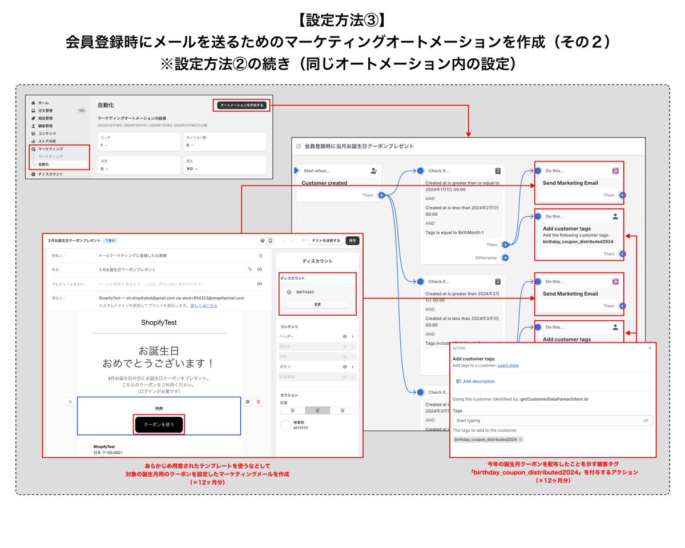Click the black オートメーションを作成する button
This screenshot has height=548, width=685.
pyautogui.click(x=242, y=105)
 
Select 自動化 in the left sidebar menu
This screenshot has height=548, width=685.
pyautogui.click(x=43, y=164)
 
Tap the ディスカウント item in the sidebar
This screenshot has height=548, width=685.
pyautogui.click(x=50, y=174)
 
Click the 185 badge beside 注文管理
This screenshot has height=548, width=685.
pyautogui.click(x=81, y=110)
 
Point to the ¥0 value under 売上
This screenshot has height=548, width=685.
pyautogui.click(x=191, y=169)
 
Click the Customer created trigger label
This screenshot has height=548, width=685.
pyautogui.click(x=324, y=183)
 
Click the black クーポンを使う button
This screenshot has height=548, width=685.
pyautogui.click(x=159, y=425)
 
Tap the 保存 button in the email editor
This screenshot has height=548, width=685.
pyautogui.click(x=352, y=240)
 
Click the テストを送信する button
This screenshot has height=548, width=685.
pyautogui.click(x=325, y=240)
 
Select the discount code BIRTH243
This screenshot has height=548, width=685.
pyautogui.click(x=305, y=292)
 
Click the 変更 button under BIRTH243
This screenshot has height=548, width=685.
pyautogui.click(x=317, y=304)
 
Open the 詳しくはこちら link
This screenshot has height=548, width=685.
pyautogui.click(x=204, y=305)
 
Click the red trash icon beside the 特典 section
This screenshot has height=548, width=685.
pyautogui.click(x=259, y=402)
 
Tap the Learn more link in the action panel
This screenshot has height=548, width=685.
pyautogui.click(x=508, y=365)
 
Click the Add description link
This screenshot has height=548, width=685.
pyautogui.click(x=478, y=381)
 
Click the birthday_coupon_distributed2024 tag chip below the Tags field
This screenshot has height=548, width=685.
pyautogui.click(x=485, y=440)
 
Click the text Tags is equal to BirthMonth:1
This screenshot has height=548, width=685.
pyautogui.click(x=454, y=232)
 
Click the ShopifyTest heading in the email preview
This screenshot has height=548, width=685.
pyautogui.click(x=159, y=323)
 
